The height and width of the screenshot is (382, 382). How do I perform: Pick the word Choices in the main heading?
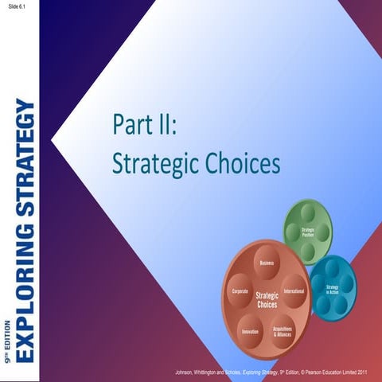(248, 163)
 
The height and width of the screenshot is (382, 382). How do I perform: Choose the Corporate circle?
(240, 292)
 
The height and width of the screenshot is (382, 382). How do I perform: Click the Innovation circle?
(250, 329)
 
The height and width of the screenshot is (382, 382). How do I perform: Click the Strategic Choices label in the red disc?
(267, 300)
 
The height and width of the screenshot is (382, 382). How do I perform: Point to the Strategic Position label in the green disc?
(308, 232)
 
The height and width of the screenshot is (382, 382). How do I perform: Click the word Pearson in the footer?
(316, 372)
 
